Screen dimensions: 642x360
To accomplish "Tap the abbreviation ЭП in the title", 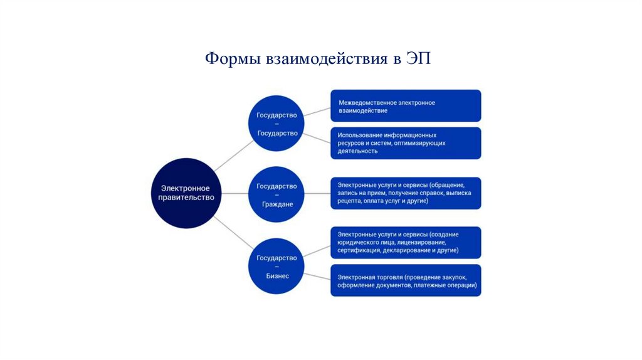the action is coord(419,60).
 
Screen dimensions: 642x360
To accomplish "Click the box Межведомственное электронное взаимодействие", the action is coord(406,106).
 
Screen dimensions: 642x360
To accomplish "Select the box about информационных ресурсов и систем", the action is coord(406,143).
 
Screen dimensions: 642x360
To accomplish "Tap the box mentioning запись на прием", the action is coord(406,193).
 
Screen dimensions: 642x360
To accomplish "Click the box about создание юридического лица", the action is coord(406,242).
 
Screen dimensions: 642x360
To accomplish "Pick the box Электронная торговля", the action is coord(406,280).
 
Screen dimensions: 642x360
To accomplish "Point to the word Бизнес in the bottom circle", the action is coord(277,275).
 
